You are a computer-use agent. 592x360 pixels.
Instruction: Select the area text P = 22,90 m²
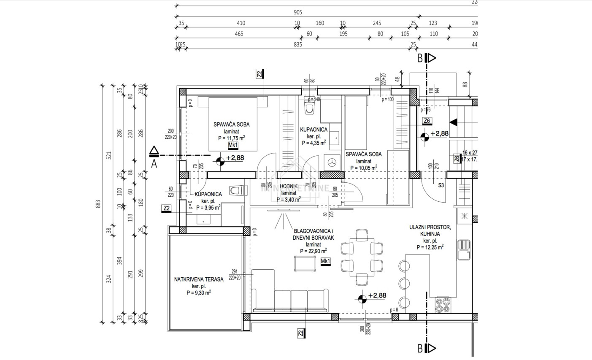(314, 251)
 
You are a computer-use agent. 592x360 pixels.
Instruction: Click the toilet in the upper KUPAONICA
(310, 109)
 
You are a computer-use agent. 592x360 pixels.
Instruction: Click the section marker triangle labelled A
(154, 151)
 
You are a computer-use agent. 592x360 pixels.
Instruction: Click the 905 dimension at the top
(297, 13)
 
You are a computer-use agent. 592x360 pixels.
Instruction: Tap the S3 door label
(441, 185)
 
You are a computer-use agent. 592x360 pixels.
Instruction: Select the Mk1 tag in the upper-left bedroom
(233, 146)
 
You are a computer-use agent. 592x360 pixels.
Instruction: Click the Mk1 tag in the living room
(325, 262)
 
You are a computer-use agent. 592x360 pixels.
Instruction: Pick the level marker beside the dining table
(362, 299)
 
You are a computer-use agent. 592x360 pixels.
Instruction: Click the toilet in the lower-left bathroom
(237, 190)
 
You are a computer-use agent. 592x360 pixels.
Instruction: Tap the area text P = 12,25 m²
(430, 247)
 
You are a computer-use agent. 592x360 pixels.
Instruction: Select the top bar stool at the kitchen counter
(404, 265)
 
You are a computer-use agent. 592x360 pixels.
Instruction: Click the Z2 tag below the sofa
(301, 333)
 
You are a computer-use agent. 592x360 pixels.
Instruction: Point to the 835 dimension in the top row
(297, 44)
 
